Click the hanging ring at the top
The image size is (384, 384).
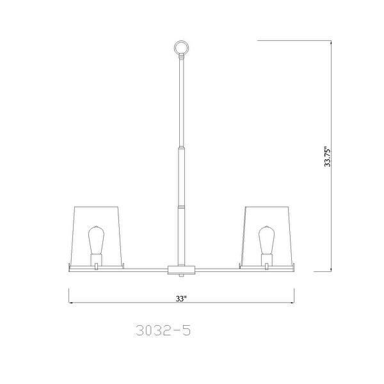[182, 41]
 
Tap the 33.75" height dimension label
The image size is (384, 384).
[327, 157]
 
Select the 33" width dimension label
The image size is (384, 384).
[181, 298]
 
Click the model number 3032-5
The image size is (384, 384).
[163, 330]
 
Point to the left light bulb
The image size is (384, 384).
[96, 240]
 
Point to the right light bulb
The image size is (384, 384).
[267, 240]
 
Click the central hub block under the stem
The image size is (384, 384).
[181, 269]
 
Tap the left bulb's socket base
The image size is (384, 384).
[96, 259]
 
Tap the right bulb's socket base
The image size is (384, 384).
[267, 259]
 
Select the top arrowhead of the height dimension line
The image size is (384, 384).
[331, 42]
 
